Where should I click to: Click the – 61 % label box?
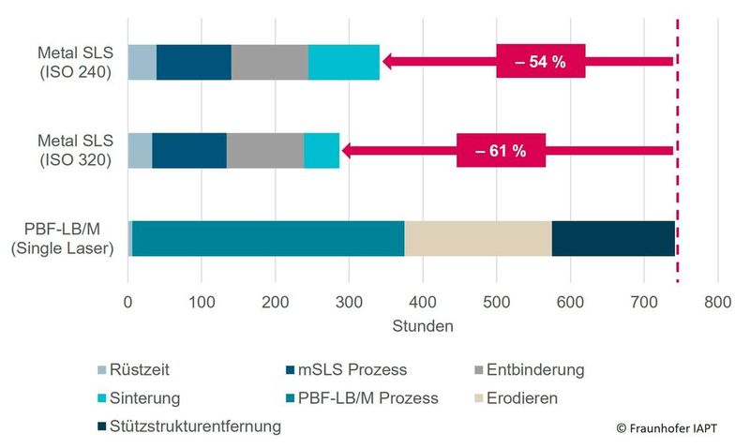click(x=501, y=150)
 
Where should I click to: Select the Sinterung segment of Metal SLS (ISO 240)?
click(x=343, y=62)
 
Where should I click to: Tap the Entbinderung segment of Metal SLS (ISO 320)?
click(x=264, y=150)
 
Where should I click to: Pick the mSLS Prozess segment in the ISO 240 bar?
click(x=193, y=62)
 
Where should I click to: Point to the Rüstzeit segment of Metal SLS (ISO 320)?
click(x=139, y=150)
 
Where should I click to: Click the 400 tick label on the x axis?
click(x=423, y=302)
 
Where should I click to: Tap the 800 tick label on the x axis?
click(x=717, y=302)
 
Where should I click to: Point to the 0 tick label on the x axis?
click(x=127, y=302)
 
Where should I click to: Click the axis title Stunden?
click(x=422, y=327)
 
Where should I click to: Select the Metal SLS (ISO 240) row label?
click(x=74, y=62)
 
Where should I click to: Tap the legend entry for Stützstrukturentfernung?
click(x=195, y=426)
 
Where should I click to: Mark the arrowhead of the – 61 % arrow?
click(x=347, y=150)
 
